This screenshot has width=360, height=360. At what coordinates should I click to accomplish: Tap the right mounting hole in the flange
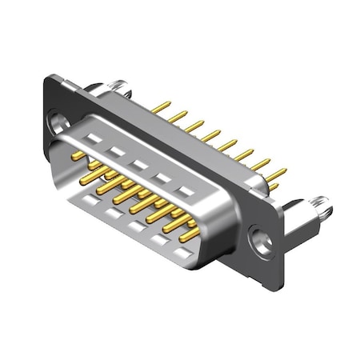click(258, 238)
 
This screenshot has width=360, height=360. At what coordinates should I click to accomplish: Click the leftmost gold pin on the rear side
click(162, 106)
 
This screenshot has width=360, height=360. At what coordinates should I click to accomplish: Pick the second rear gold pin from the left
click(178, 116)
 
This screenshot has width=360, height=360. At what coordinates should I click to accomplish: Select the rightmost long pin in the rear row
click(276, 174)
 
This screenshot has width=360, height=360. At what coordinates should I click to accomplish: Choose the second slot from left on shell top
click(117, 151)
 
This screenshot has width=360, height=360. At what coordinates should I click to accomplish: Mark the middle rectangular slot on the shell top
click(140, 164)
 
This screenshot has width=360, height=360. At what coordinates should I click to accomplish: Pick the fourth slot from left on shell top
click(163, 178)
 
